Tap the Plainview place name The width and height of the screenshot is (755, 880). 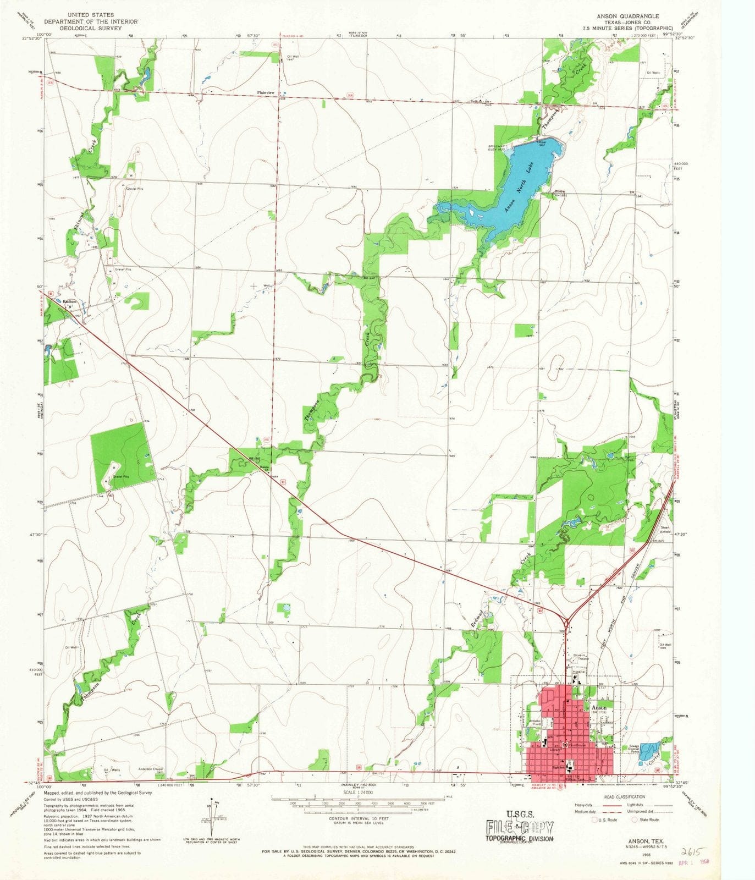point(266,93)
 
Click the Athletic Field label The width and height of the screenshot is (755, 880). point(535,723)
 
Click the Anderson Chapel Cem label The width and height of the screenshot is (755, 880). point(152,771)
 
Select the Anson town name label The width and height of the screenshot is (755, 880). point(598,707)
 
